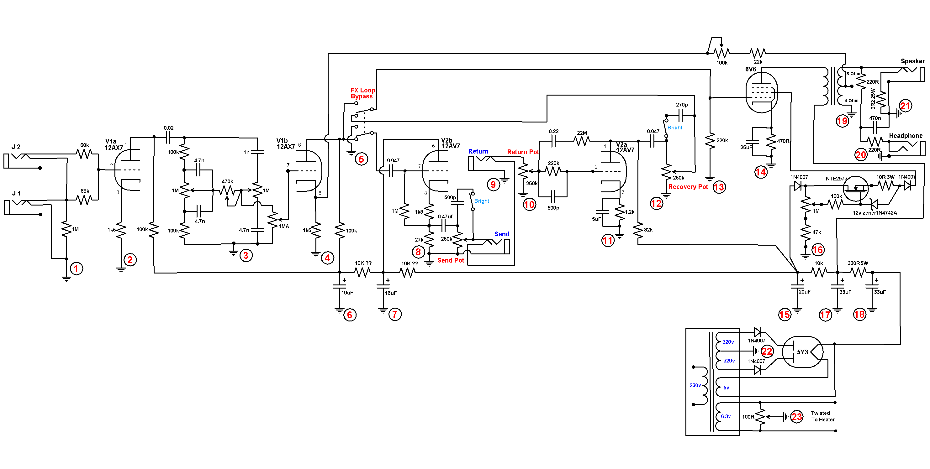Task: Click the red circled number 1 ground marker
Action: pyautogui.click(x=76, y=269)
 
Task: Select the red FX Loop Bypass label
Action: pyautogui.click(x=362, y=93)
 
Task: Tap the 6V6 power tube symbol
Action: pyautogui.click(x=761, y=92)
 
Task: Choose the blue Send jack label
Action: pyautogui.click(x=502, y=234)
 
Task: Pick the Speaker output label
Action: pyautogui.click(x=913, y=61)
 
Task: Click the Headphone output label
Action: pyautogui.click(x=906, y=136)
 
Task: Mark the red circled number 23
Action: pyautogui.click(x=797, y=417)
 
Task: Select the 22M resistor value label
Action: pyautogui.click(x=582, y=133)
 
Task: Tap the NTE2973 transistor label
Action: pyautogui.click(x=836, y=179)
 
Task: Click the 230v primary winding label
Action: pyautogui.click(x=695, y=385)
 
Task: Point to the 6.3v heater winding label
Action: pyautogui.click(x=726, y=416)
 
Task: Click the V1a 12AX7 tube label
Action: pyautogui.click(x=114, y=144)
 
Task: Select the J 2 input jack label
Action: pyautogui.click(x=16, y=147)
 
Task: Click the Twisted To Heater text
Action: pyautogui.click(x=823, y=416)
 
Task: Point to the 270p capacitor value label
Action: pyautogui.click(x=682, y=105)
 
